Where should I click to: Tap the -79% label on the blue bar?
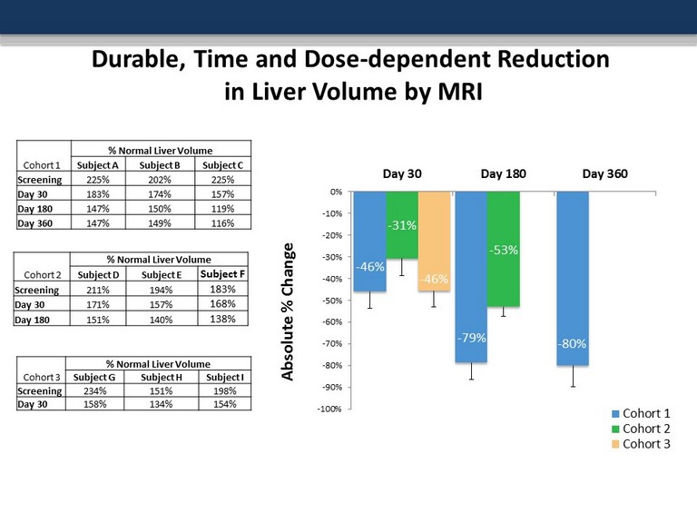pos(470,338)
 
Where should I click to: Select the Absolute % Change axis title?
pos(289,311)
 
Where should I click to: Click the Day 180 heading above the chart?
pos(504,173)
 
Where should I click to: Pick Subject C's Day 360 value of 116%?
pos(220,223)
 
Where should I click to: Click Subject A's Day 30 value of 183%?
pos(97,194)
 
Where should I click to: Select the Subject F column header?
pos(222,274)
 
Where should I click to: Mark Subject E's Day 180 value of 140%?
pos(162,320)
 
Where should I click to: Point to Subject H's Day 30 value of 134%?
pos(162,404)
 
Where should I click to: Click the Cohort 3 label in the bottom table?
pos(42,377)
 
